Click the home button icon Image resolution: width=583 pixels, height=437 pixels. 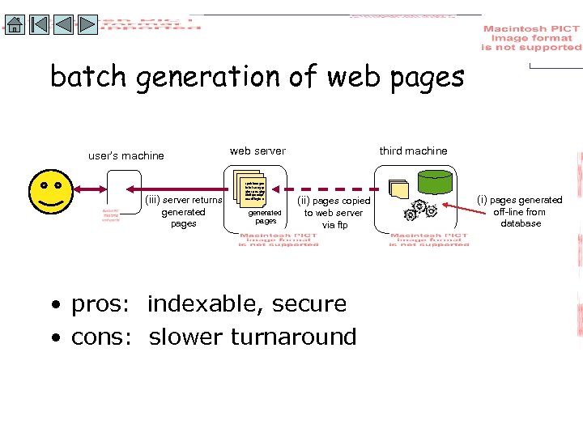pyautogui.click(x=14, y=24)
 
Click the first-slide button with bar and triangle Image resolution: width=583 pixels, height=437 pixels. pyautogui.click(x=39, y=24)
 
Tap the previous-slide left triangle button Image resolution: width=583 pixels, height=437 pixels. pyautogui.click(x=64, y=24)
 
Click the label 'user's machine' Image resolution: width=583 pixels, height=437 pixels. pyautogui.click(x=126, y=156)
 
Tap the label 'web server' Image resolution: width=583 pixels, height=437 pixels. pyautogui.click(x=257, y=151)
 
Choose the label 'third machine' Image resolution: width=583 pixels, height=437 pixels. pyautogui.click(x=413, y=151)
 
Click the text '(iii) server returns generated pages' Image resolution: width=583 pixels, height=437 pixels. pyautogui.click(x=183, y=212)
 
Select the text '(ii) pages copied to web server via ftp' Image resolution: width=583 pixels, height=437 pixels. pyautogui.click(x=334, y=212)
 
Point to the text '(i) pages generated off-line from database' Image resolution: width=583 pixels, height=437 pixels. pyautogui.click(x=520, y=211)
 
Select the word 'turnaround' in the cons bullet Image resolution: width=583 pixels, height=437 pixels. pyautogui.click(x=307, y=337)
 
